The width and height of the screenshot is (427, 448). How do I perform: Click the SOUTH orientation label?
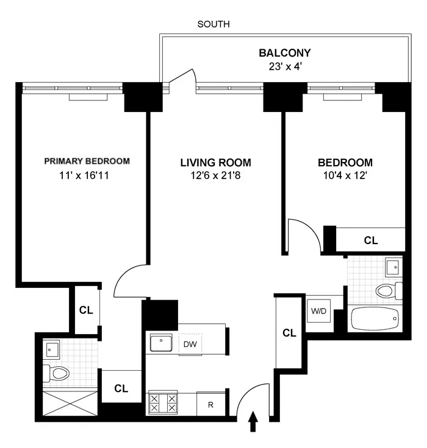[213, 25]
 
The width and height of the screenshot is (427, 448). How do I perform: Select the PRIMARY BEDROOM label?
[87, 161]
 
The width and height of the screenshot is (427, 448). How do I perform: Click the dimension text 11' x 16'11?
[87, 177]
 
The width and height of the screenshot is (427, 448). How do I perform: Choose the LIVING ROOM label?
[215, 163]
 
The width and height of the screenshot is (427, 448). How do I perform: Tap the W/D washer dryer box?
[318, 312]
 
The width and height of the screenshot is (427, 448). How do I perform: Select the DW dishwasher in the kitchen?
[190, 344]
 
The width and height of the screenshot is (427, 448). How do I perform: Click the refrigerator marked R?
[210, 404]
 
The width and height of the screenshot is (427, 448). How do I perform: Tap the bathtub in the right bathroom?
[375, 317]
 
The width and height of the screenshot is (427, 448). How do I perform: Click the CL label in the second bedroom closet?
[370, 240]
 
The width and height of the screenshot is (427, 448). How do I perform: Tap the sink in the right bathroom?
[393, 265]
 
